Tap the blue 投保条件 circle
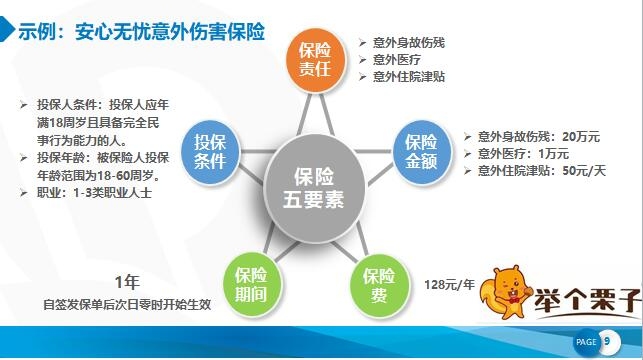coord(210,150)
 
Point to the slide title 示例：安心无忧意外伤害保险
coord(140,32)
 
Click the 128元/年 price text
coord(449,283)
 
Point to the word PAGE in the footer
coord(585,343)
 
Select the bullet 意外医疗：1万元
coord(522,153)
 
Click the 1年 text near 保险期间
coord(126,280)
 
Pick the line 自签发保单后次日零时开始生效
coord(127,303)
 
